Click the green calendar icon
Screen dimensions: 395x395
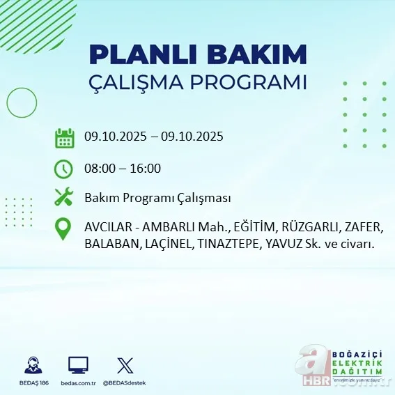tap(64, 138)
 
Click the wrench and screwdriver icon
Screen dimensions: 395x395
tap(64, 198)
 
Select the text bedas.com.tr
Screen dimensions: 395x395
tap(78, 383)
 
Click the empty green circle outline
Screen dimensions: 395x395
tap(22, 104)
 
